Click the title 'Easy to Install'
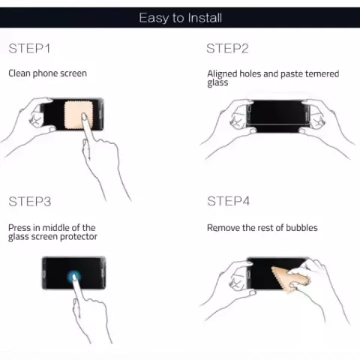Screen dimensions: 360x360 point(180,18)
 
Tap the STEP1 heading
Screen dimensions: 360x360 point(29,49)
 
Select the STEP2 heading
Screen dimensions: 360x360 point(227,49)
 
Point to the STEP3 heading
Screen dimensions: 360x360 point(30,202)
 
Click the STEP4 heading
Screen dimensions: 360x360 point(229,201)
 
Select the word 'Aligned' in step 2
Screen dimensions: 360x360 point(222,74)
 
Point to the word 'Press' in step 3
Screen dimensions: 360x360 point(19,228)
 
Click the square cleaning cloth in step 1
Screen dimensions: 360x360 point(77,115)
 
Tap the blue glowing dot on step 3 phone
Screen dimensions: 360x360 point(74,277)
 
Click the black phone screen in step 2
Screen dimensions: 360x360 point(278,116)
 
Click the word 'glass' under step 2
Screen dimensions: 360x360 point(217,82)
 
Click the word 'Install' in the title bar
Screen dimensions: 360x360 point(205,18)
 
